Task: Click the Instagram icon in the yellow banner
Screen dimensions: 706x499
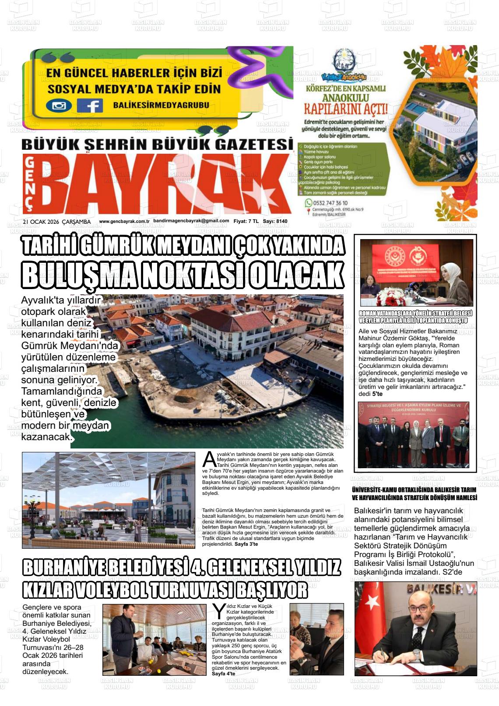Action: tap(59, 106)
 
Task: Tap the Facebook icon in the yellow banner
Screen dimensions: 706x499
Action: tap(90, 106)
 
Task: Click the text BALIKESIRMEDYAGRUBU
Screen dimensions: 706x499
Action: tap(161, 105)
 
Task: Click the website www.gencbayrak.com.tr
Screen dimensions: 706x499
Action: tap(124, 222)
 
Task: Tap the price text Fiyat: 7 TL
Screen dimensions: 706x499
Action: tap(246, 222)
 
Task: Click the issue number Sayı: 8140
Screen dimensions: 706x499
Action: tap(275, 222)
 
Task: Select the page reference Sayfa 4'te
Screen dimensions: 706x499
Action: tap(223, 674)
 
